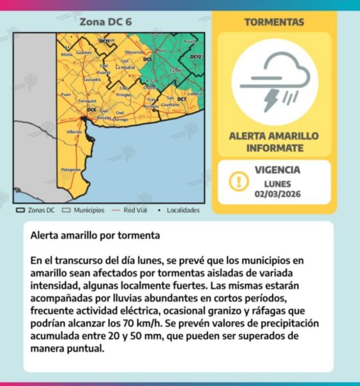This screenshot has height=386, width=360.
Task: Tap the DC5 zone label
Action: (147, 59)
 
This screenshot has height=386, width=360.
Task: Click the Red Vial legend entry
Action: (129, 210)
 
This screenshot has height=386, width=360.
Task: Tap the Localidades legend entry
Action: (179, 210)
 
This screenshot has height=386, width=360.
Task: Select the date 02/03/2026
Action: (277, 194)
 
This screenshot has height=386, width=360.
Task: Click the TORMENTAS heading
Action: (274, 22)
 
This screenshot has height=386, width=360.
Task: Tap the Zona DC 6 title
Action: (105, 22)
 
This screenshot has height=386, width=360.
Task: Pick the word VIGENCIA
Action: (277, 170)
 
